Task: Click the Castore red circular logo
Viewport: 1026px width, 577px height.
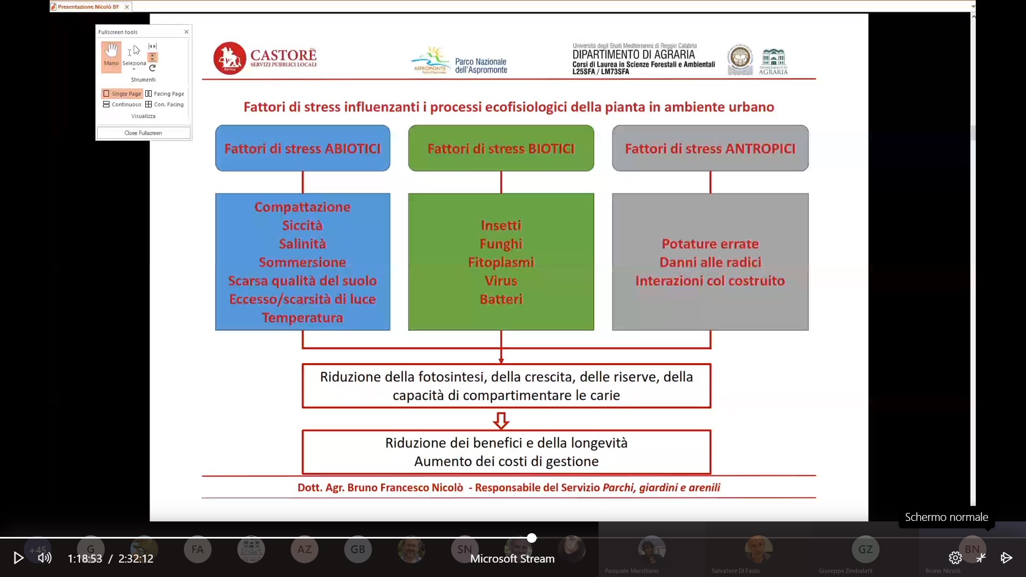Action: (x=229, y=58)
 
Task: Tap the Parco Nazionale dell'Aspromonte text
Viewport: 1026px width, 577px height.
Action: (x=480, y=66)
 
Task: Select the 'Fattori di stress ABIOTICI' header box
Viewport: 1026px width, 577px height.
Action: (x=302, y=148)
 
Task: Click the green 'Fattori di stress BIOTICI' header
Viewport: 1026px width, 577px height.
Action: (x=501, y=148)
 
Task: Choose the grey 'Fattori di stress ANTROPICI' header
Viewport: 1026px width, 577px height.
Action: (x=710, y=148)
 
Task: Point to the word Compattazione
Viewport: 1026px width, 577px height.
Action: (x=302, y=207)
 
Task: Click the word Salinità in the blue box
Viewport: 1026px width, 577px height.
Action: (x=302, y=244)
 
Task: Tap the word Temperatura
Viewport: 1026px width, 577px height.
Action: (x=302, y=317)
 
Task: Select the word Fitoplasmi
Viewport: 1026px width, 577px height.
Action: (x=501, y=262)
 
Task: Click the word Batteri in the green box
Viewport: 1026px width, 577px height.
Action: (x=501, y=299)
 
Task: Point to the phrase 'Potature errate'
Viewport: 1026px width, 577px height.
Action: (x=710, y=244)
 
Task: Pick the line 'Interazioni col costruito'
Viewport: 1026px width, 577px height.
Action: (x=710, y=280)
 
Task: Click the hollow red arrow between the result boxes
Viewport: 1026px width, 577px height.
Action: (x=501, y=420)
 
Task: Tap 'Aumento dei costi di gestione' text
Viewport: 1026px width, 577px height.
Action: (x=506, y=461)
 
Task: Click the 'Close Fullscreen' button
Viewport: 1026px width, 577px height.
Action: (x=143, y=133)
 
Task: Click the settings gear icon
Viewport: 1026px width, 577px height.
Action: (x=955, y=558)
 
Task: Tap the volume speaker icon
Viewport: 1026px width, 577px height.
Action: (x=45, y=558)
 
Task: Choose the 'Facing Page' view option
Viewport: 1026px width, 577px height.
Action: (x=165, y=93)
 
